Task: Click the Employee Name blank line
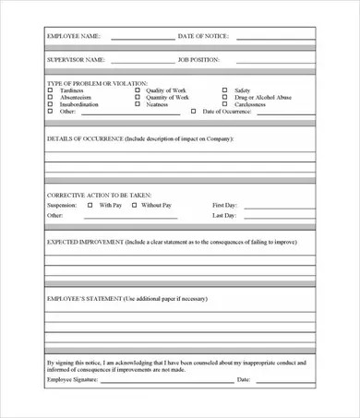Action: click(x=142, y=39)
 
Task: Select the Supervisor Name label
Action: click(x=76, y=59)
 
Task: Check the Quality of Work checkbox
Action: click(x=138, y=91)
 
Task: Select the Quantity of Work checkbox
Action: click(x=138, y=98)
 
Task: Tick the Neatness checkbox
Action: click(x=138, y=104)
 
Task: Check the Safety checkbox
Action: click(x=224, y=91)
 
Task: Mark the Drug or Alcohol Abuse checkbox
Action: click(x=224, y=98)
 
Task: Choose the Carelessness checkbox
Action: click(x=224, y=104)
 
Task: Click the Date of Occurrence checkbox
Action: click(x=193, y=111)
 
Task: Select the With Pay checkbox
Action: click(x=90, y=204)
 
